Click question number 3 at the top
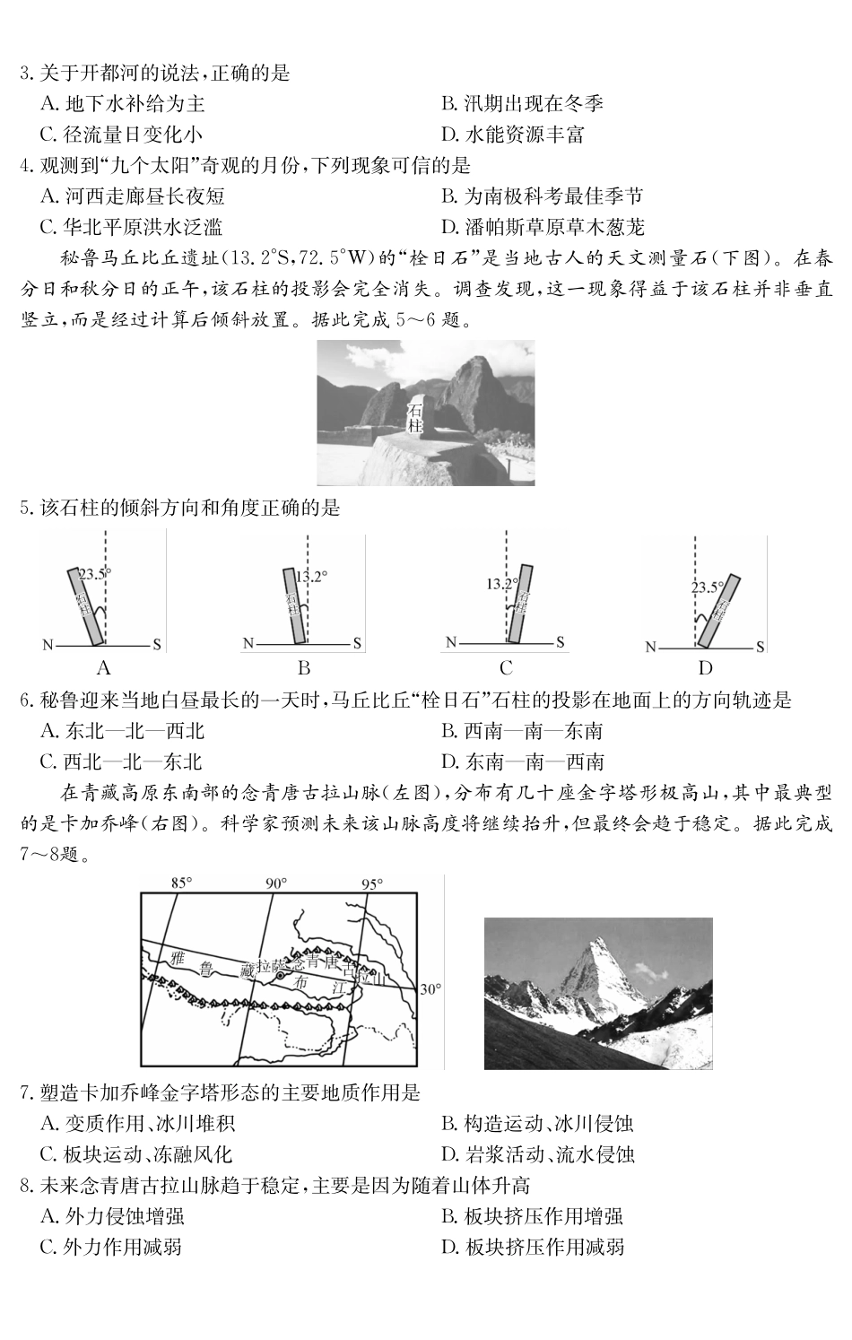pyautogui.click(x=26, y=74)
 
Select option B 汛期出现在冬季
pyautogui.click(x=521, y=104)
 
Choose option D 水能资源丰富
pyautogui.click(x=512, y=135)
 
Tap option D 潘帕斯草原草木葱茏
pyautogui.click(x=542, y=227)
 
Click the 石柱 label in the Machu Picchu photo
pyautogui.click(x=414, y=418)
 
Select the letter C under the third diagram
pyautogui.click(x=506, y=668)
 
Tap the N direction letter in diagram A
pyautogui.click(x=48, y=645)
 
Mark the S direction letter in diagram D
pyautogui.click(x=760, y=646)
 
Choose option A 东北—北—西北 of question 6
pyautogui.click(x=122, y=731)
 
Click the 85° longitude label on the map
pyautogui.click(x=182, y=883)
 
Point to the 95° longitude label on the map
pyautogui.click(x=371, y=883)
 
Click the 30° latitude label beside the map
pyautogui.click(x=430, y=989)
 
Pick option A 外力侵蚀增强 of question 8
pyautogui.click(x=112, y=1216)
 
